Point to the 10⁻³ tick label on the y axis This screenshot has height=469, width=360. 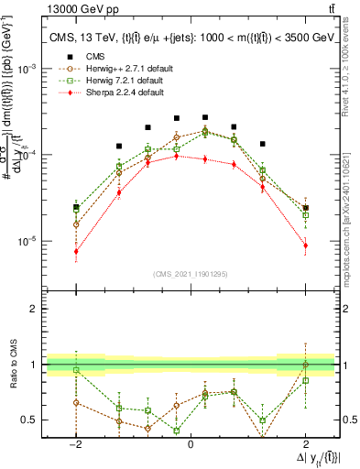(27, 70)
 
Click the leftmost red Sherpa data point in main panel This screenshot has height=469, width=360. (76, 251)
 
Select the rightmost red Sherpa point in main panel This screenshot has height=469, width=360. (305, 245)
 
